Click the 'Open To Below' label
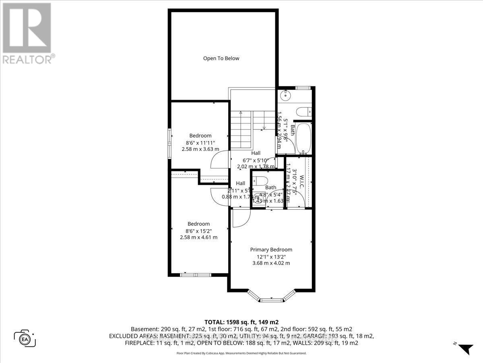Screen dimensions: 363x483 point(221,58)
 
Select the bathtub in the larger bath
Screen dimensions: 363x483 point(303,138)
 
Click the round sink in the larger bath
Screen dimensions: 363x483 point(285,96)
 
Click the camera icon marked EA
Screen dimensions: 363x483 point(25,338)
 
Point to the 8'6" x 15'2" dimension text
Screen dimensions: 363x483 point(198,231)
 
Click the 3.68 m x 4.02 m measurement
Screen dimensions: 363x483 point(271,263)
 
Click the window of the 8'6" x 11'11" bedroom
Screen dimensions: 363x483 point(169,140)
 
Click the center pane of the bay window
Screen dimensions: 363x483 point(271,300)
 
